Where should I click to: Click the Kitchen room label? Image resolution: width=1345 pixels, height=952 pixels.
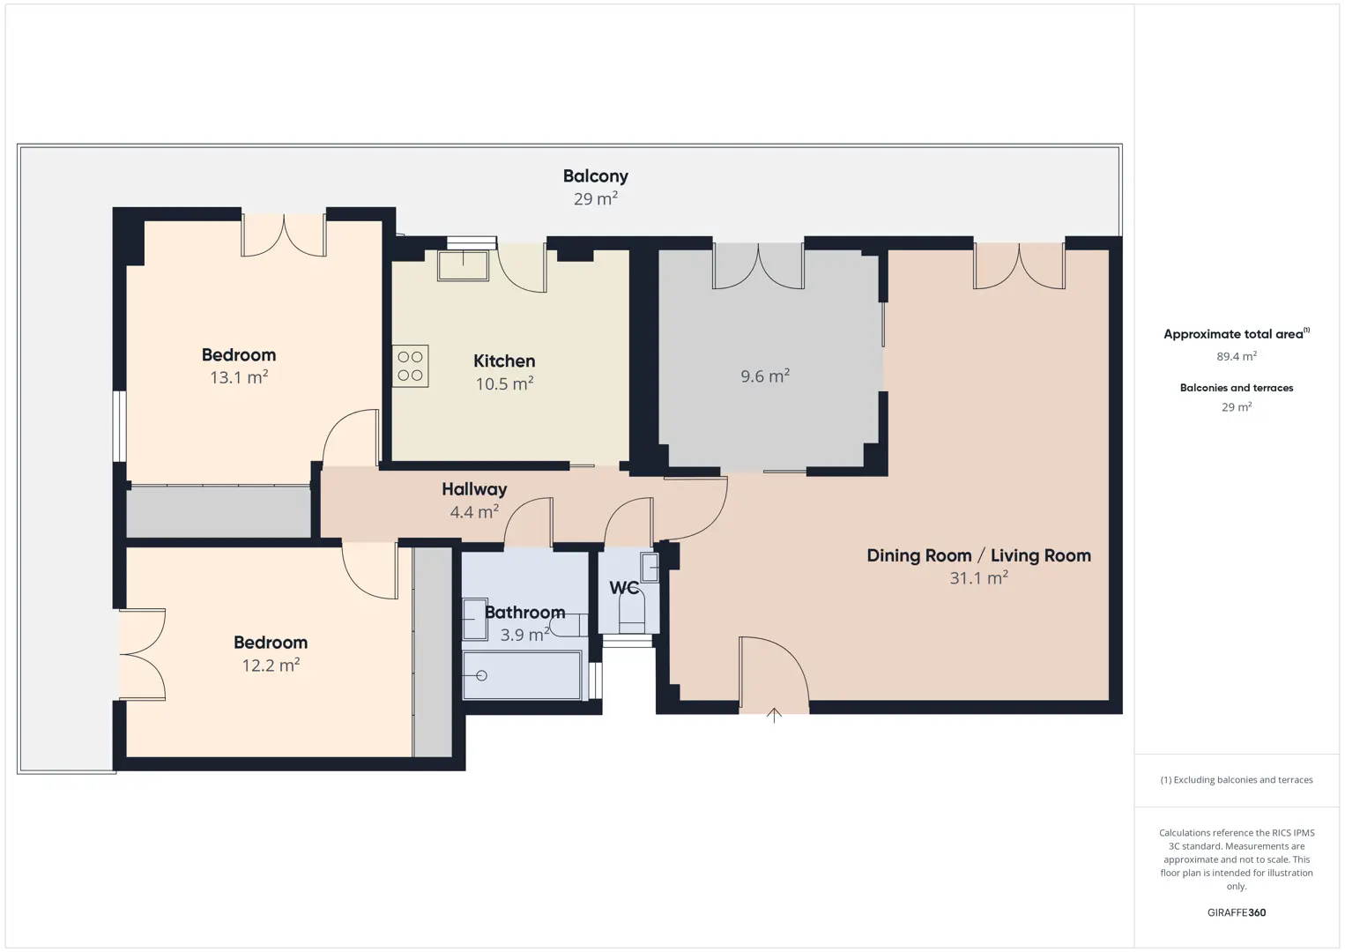[x=504, y=361]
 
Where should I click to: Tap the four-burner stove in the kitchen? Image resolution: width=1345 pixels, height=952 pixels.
[x=410, y=366]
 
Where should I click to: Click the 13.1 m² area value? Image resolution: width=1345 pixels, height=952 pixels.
[x=238, y=377]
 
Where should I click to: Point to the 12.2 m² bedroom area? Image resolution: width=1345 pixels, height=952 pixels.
[x=271, y=665]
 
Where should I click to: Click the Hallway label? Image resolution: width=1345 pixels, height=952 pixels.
[x=474, y=489]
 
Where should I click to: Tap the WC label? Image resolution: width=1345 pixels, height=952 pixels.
[x=624, y=587]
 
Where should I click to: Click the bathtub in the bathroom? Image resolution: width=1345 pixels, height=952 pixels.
[x=522, y=676]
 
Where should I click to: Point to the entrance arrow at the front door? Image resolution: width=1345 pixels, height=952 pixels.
[x=774, y=715]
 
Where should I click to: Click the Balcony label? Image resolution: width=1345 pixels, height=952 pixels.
[x=596, y=176]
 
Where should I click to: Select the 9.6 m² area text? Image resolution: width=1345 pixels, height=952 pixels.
[x=765, y=376]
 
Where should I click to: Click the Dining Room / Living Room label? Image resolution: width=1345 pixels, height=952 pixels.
[x=978, y=555]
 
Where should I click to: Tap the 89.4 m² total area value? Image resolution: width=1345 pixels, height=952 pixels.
[x=1237, y=356]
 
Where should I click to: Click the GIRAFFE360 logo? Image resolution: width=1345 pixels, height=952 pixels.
[x=1237, y=912]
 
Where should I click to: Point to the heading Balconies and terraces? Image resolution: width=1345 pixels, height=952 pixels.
[x=1237, y=388]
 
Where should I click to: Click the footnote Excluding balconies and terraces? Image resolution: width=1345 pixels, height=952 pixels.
[x=1237, y=779]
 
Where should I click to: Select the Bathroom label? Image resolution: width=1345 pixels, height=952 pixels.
[x=524, y=612]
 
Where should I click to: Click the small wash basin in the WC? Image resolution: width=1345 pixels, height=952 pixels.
[x=650, y=568]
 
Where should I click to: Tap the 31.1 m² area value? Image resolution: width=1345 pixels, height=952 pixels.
[x=978, y=577]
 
